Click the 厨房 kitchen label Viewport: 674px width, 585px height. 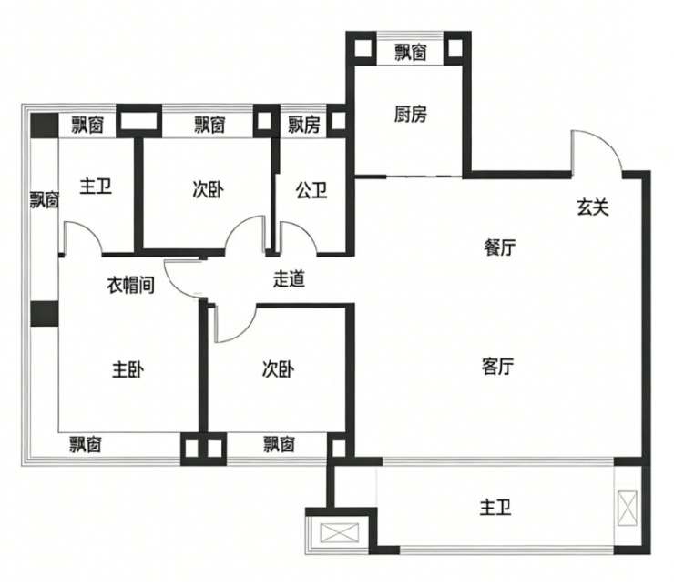coord(411,115)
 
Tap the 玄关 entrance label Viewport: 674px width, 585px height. coord(593,207)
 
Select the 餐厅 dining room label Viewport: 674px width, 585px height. coord(499,247)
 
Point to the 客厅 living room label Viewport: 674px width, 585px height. coord(498,367)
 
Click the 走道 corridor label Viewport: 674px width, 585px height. coord(290,279)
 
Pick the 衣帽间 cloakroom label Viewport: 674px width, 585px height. coord(130,285)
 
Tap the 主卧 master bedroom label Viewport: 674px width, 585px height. coord(128,369)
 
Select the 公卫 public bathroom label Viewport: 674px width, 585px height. coord(311,190)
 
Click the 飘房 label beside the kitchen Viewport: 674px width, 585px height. coord(304,125)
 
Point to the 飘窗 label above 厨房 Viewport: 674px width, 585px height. coord(411,53)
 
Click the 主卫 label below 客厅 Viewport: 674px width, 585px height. coord(495,508)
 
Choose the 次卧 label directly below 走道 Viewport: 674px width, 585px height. coord(279,369)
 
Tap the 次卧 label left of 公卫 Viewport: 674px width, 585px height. coord(208,190)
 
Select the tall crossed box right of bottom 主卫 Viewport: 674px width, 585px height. coord(628,508)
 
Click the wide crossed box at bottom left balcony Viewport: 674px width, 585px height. coord(340,532)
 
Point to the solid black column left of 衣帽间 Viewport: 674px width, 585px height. coord(45,314)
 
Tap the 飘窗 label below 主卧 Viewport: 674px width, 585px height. coord(86,444)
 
